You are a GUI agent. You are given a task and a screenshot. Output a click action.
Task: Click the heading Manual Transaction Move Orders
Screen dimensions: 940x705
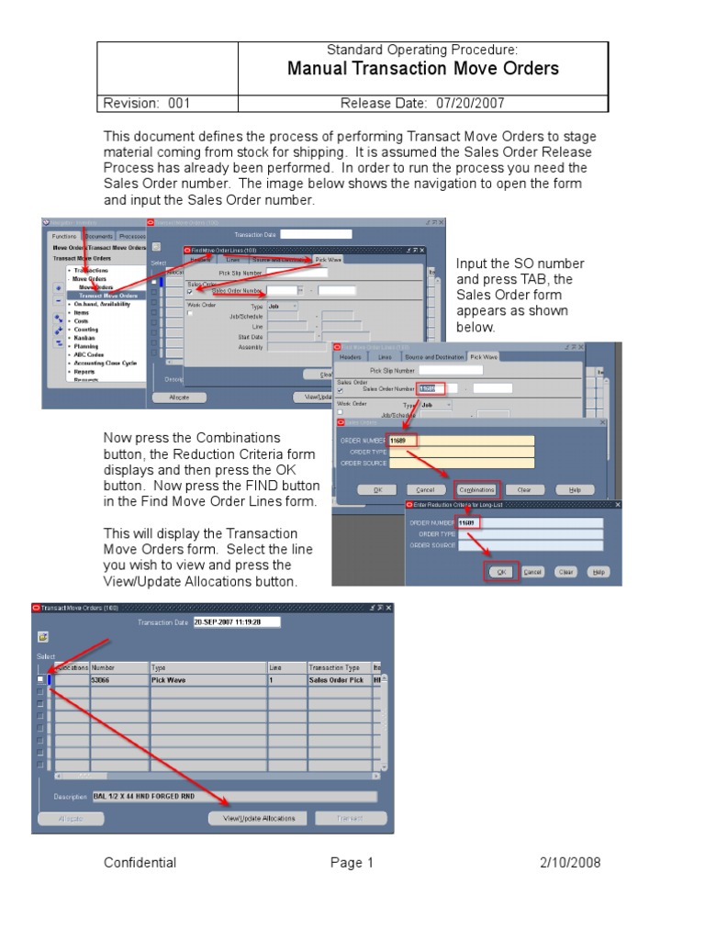coord(423,69)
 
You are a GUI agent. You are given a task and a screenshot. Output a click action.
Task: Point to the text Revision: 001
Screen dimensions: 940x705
coord(147,104)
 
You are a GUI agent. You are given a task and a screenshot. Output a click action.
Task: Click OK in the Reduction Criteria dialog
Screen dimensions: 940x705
coord(501,571)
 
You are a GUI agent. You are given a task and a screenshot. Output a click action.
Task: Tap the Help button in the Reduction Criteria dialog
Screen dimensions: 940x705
coord(597,571)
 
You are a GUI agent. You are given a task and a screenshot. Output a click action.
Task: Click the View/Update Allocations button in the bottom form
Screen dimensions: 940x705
coord(259,818)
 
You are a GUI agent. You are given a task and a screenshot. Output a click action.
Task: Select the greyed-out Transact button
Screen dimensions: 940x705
coord(351,818)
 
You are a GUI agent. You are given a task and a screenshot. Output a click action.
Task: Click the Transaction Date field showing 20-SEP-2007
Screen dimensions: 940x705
coord(237,621)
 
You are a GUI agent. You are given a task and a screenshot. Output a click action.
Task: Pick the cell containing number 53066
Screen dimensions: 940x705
coord(118,680)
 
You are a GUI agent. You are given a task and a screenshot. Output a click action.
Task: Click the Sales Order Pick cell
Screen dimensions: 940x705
coord(337,680)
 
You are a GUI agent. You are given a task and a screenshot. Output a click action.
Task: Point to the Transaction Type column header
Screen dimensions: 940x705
coord(337,667)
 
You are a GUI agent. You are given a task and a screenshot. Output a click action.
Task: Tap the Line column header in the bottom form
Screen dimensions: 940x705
coord(285,667)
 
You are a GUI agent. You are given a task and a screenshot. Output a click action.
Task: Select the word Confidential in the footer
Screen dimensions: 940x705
coord(140,863)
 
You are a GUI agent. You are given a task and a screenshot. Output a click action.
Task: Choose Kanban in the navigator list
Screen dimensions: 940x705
coord(85,337)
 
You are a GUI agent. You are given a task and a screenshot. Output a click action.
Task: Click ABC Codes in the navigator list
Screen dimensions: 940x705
coord(90,354)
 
